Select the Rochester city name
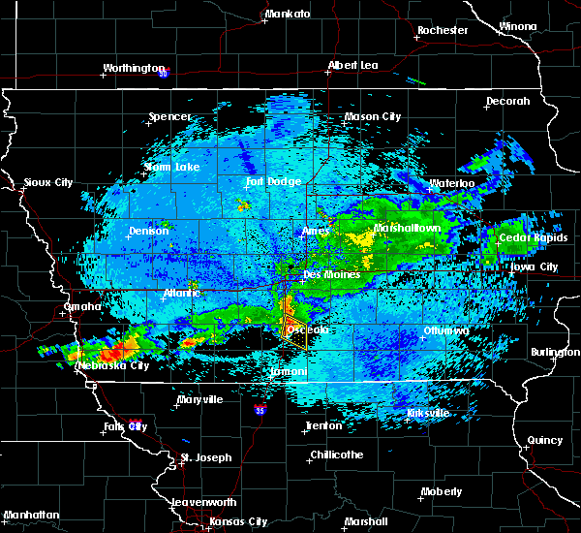[x=443, y=30]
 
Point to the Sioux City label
[x=48, y=182]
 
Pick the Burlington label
[x=556, y=353]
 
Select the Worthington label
[x=134, y=69]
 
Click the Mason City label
[x=373, y=117]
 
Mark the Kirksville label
[x=428, y=413]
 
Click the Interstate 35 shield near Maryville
[x=260, y=411]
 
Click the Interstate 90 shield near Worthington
[x=164, y=73]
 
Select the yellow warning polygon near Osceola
[x=294, y=332]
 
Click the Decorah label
[x=508, y=102]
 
